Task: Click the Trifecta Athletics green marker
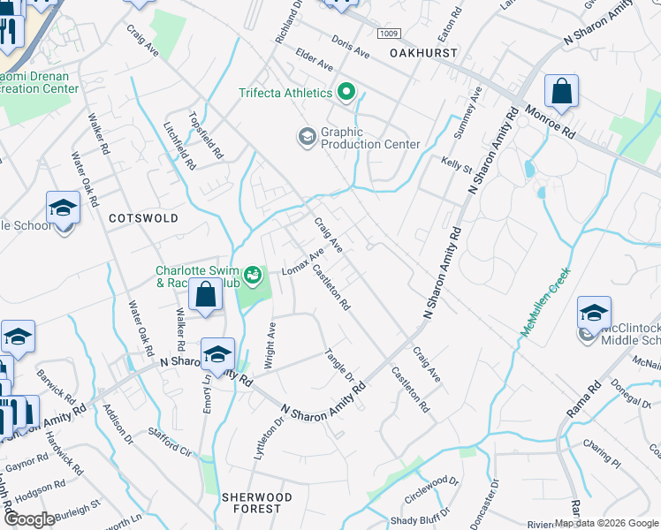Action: point(346,92)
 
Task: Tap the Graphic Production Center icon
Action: point(307,136)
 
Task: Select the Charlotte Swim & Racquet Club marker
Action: point(254,276)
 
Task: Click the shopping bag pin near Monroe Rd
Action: point(561,91)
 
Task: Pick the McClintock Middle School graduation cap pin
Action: point(594,314)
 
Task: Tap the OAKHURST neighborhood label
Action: point(423,54)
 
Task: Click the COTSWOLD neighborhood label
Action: point(143,217)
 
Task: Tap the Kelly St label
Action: point(454,164)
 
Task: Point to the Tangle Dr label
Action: point(338,362)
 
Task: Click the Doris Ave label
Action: point(351,48)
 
